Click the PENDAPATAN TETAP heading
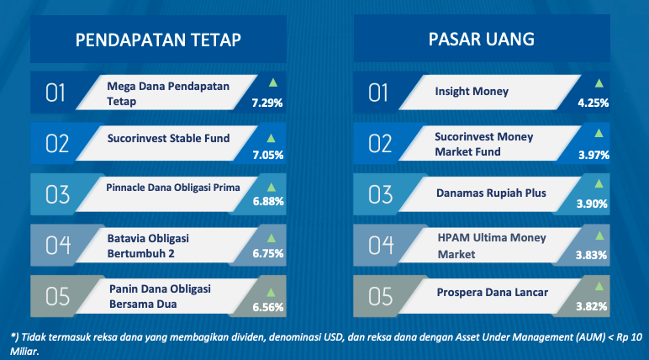click(158, 40)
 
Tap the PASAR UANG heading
click(482, 40)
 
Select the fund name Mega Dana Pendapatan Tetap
click(168, 93)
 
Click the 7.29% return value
click(267, 103)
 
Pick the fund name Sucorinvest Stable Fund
click(168, 139)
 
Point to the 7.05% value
click(268, 155)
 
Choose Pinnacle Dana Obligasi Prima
click(173, 188)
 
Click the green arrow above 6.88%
click(272, 188)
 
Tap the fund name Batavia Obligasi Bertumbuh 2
click(148, 246)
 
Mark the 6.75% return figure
click(268, 253)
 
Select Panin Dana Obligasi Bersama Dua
click(160, 296)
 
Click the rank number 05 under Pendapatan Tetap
click(57, 297)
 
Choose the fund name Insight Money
click(472, 91)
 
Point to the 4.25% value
click(594, 103)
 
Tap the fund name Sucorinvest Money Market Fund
click(484, 144)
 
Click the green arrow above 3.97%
click(599, 133)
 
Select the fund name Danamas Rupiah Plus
click(491, 193)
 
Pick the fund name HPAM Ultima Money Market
click(492, 246)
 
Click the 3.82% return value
click(592, 306)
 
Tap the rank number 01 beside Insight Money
click(378, 93)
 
